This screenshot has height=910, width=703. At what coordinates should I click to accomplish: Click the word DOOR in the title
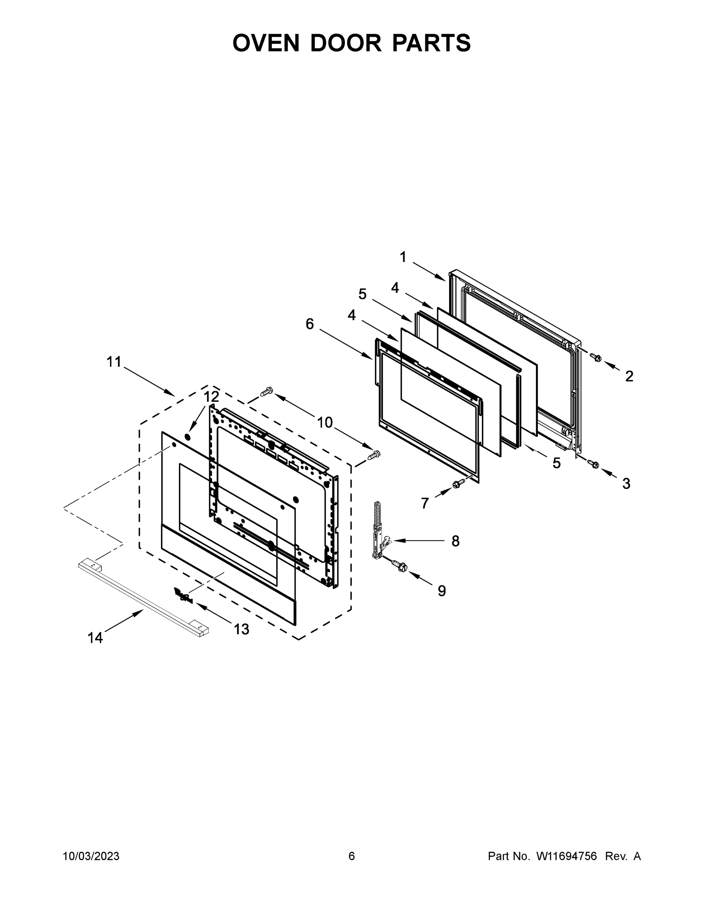click(346, 43)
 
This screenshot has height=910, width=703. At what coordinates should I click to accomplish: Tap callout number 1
click(403, 257)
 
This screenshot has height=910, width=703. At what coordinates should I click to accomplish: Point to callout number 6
click(310, 324)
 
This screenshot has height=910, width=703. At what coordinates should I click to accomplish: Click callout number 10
click(325, 422)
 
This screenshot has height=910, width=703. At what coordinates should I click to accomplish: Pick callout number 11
click(114, 362)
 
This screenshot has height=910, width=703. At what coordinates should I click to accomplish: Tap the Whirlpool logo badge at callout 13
click(183, 596)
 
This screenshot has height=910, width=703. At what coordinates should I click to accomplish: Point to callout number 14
click(95, 637)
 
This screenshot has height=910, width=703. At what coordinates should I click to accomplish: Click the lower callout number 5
click(556, 463)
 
